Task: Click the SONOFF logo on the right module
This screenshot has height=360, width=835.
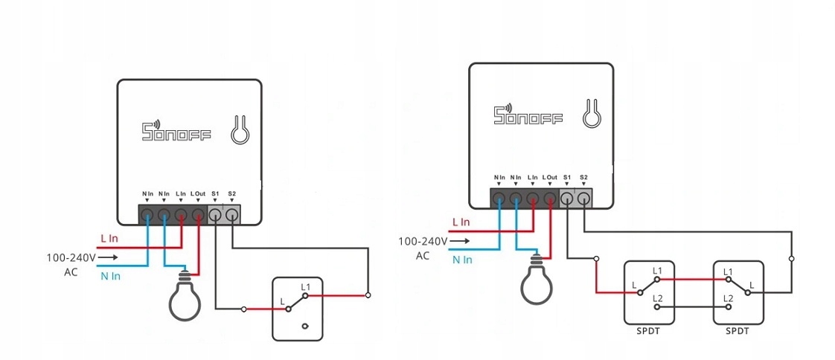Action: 528,115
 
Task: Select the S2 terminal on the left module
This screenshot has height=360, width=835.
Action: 232,216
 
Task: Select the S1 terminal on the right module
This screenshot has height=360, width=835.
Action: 567,199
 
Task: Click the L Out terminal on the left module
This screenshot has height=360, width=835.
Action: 198,216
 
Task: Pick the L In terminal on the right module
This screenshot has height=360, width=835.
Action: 533,199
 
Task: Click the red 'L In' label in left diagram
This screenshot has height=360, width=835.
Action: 109,239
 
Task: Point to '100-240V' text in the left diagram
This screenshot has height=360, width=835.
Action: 71,257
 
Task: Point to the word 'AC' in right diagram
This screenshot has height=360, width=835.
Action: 423,256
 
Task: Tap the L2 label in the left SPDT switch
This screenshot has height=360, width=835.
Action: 657,298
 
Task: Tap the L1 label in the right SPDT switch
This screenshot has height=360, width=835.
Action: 728,271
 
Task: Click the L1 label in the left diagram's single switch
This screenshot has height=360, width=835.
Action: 306,286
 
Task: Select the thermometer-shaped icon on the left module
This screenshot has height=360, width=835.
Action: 240,129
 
